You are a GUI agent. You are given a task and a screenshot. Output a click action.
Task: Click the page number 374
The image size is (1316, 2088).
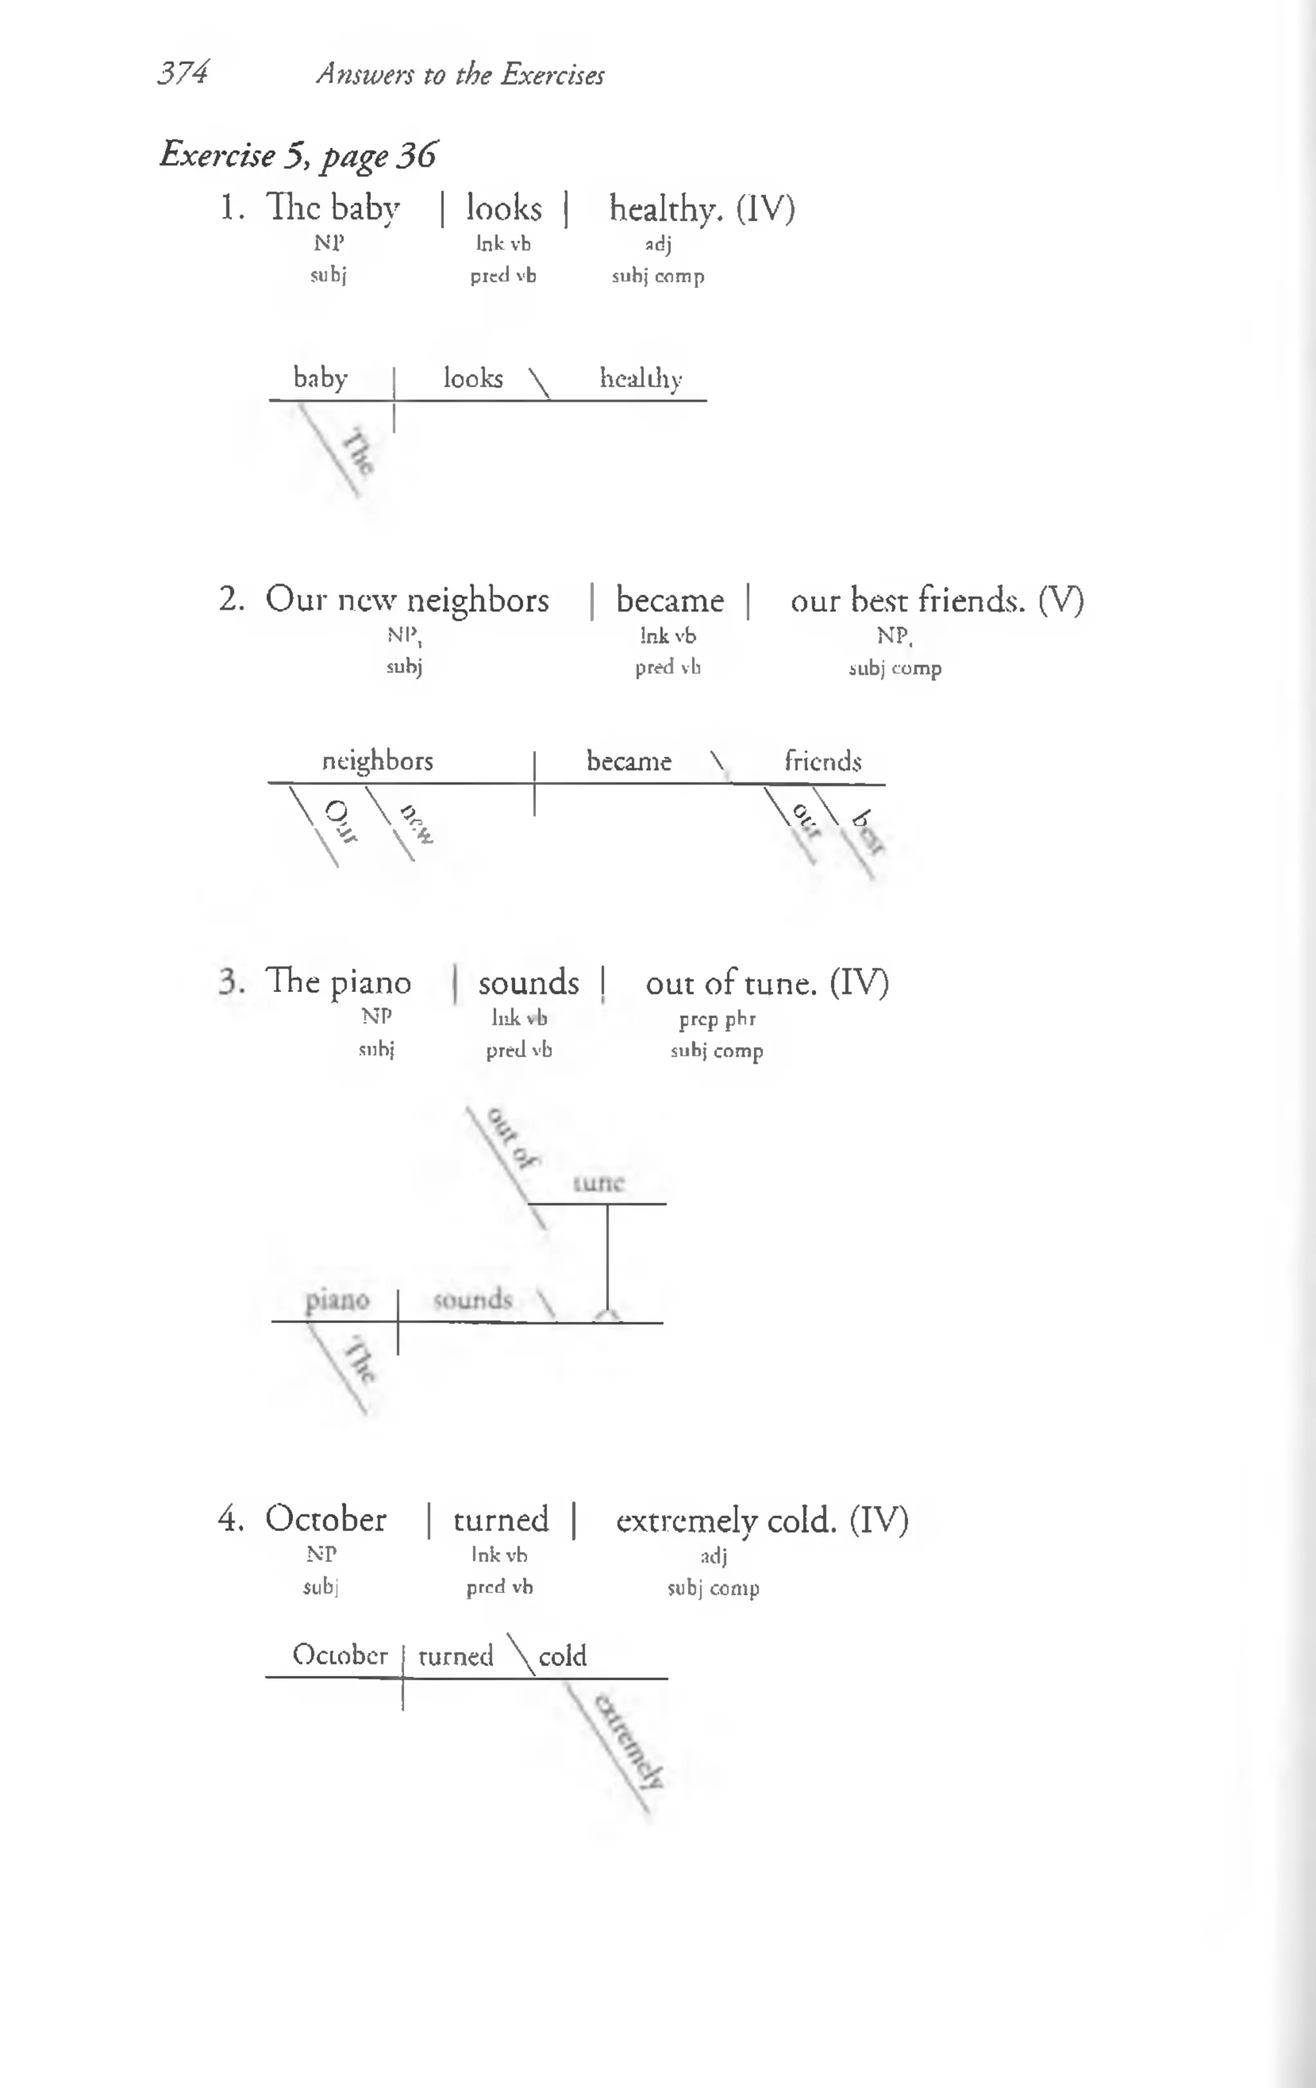[182, 73]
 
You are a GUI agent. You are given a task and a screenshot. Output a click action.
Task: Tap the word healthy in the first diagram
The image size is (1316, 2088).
[640, 379]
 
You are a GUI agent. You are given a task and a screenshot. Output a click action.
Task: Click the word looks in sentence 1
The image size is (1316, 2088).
[503, 209]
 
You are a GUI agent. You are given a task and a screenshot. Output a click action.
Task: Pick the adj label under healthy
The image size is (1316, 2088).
[659, 245]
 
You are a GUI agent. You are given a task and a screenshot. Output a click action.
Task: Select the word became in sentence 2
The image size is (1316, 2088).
[669, 600]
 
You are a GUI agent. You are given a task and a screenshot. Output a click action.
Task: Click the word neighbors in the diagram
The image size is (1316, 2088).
[377, 761]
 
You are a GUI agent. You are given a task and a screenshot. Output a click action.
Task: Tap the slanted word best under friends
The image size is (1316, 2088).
[868, 831]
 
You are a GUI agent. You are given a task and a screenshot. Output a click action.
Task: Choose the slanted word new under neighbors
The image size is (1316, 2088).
[416, 824]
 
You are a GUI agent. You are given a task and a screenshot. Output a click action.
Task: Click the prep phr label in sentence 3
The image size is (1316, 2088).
[716, 1019]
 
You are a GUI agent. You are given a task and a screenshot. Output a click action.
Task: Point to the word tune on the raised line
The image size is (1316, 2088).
[599, 1183]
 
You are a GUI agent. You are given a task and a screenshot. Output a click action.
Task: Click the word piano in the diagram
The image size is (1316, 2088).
[337, 1300]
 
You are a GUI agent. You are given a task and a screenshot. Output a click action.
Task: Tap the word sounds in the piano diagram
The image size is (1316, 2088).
[472, 1300]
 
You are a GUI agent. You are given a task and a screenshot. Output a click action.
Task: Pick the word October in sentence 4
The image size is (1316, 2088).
[325, 1519]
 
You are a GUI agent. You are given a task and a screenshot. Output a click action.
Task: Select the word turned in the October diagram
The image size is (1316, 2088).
[456, 1656]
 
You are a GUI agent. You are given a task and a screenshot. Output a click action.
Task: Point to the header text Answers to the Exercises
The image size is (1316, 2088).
[460, 75]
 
